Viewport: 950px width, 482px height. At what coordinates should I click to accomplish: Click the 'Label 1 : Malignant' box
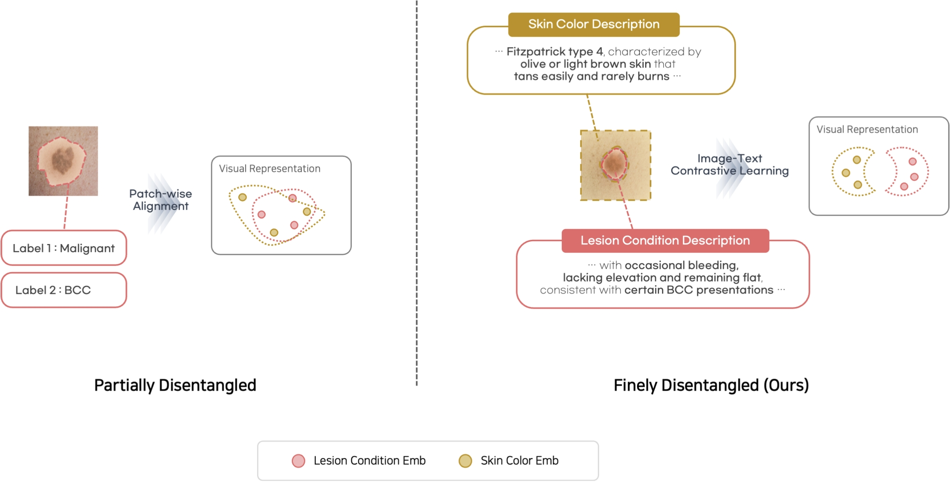[64, 248]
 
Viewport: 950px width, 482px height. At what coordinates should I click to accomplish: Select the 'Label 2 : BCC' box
[64, 290]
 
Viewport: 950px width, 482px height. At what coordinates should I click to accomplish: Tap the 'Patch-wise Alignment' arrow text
[161, 200]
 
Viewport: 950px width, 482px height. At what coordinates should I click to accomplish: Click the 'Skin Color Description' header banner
[594, 24]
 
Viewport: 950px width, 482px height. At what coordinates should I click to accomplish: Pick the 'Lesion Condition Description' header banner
[665, 241]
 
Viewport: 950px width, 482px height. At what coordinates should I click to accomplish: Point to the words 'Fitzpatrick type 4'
[554, 52]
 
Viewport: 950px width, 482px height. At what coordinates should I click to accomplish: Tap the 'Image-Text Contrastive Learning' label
[730, 165]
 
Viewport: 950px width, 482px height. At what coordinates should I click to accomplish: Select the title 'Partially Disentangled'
[175, 385]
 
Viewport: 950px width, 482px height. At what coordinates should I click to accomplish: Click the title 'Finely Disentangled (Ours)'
[711, 385]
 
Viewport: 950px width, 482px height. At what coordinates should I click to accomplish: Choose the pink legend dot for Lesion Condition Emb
[298, 461]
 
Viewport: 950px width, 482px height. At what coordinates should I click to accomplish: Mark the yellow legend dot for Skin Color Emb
[465, 461]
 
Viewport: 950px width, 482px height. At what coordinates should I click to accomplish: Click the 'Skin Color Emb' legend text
[519, 461]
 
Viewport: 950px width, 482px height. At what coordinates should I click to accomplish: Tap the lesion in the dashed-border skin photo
[615, 164]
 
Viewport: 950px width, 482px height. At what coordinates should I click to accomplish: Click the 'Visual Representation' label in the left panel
[269, 169]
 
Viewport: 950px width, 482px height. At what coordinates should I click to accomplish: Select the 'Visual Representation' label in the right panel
[867, 130]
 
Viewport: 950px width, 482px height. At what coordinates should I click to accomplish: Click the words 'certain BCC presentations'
[699, 290]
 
